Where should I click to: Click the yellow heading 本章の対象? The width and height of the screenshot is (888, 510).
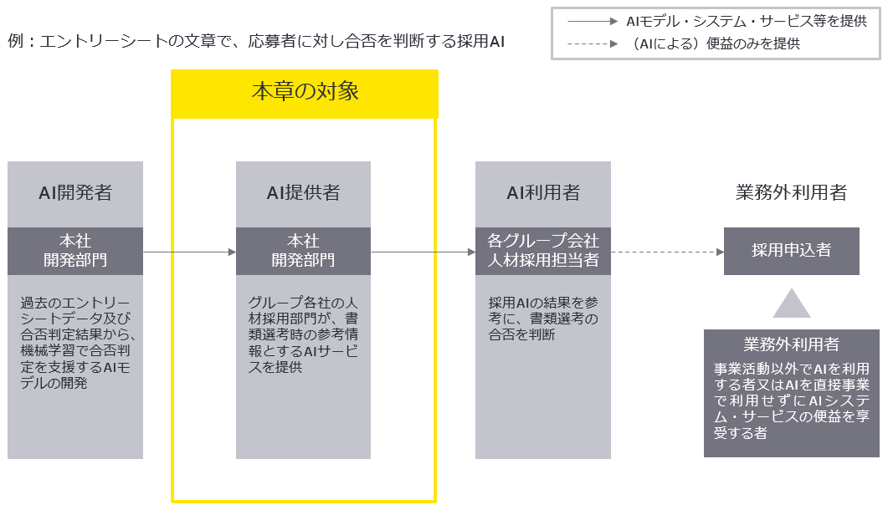pos(305,92)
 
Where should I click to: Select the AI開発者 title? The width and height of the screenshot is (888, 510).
pos(75,193)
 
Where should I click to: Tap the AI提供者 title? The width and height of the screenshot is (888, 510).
pos(303,193)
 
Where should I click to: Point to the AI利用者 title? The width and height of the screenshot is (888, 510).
pos(543,193)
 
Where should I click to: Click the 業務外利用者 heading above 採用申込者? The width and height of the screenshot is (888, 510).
pos(791,193)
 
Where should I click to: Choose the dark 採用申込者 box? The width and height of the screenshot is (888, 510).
pos(791,251)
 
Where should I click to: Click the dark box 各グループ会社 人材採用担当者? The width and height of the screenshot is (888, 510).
pos(543,251)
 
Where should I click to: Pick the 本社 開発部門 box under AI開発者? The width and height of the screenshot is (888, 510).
pos(75,251)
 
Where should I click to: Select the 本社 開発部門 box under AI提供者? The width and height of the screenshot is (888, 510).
pos(303,251)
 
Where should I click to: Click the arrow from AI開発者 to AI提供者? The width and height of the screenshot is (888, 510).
pos(189,251)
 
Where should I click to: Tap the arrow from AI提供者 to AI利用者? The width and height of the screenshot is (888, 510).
pos(423,251)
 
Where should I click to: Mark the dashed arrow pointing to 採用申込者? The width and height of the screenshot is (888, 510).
pos(667,251)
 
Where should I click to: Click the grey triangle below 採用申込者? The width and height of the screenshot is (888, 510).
pos(791,305)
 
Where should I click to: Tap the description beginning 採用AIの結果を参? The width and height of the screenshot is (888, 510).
pos(543,318)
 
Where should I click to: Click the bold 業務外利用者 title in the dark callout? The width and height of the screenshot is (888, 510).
pos(791,344)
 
